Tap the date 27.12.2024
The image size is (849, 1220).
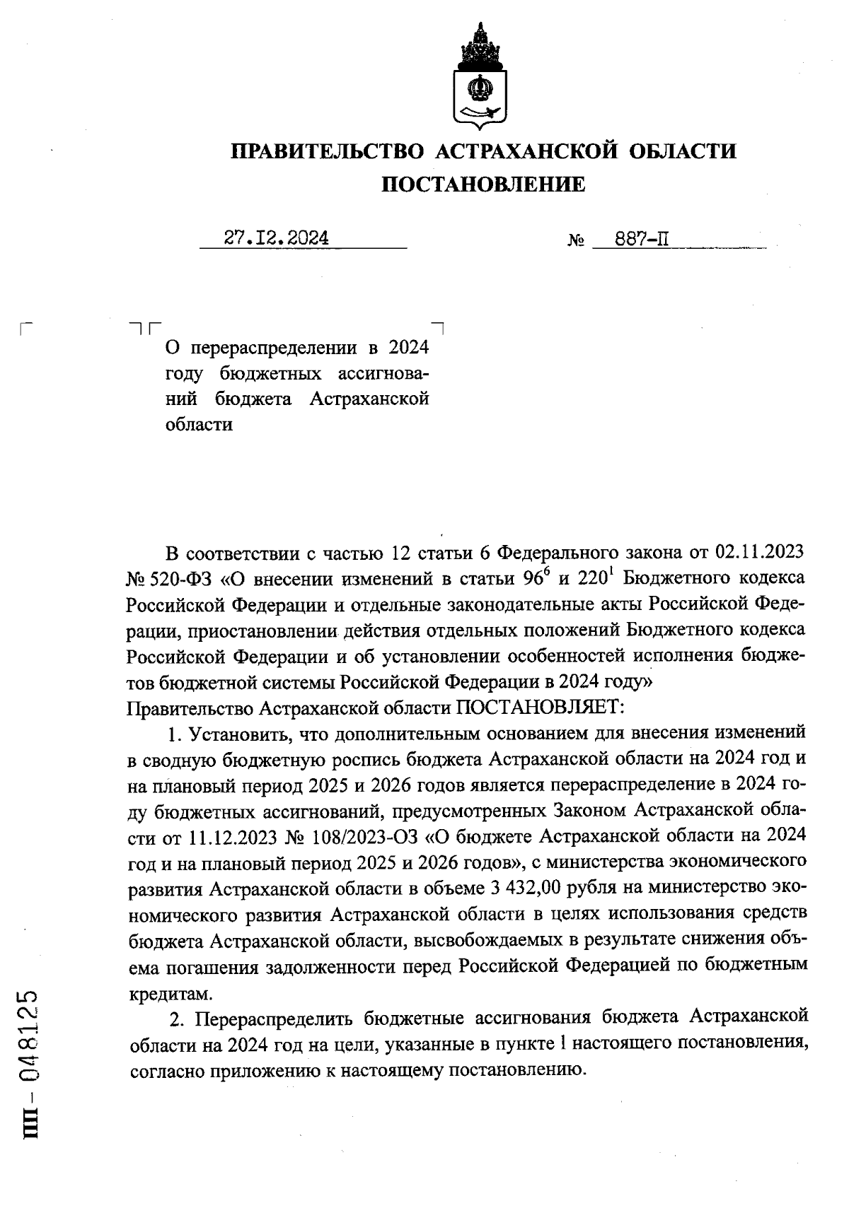point(277,238)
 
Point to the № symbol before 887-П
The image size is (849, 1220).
point(576,241)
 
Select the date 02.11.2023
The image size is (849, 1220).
point(763,551)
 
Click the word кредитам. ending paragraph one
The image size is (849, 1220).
point(170,993)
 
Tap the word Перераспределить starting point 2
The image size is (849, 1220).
point(275,1019)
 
